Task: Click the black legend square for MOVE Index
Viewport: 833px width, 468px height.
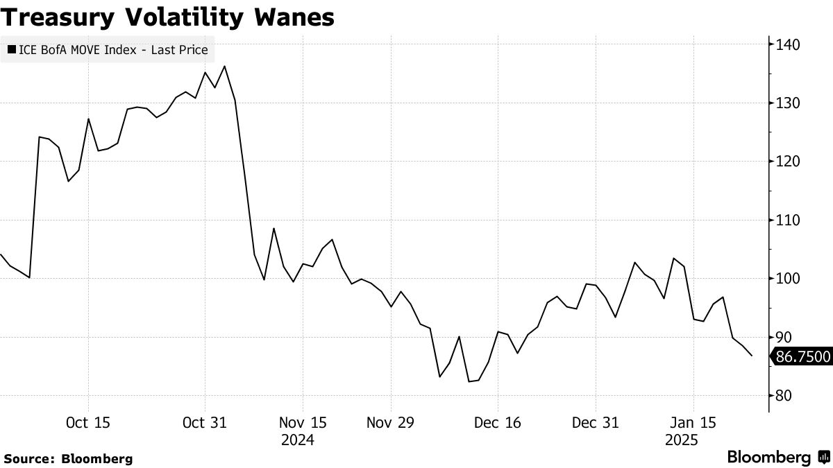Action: pos(12,50)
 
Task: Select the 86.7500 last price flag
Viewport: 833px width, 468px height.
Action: pos(802,357)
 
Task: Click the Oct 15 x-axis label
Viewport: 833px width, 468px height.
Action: pos(87,422)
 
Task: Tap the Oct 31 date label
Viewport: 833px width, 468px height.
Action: pos(204,422)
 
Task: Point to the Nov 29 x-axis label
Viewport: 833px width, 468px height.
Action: pos(391,422)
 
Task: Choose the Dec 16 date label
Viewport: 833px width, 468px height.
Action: pos(497,422)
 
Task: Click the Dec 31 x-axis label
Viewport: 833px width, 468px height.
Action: pos(595,422)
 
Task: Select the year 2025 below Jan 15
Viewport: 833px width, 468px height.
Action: pos(682,440)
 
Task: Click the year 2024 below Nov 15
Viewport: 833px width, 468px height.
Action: pos(298,440)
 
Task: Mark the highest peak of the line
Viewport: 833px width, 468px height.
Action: pos(225,67)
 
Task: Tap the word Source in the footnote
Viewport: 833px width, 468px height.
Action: pos(28,458)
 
